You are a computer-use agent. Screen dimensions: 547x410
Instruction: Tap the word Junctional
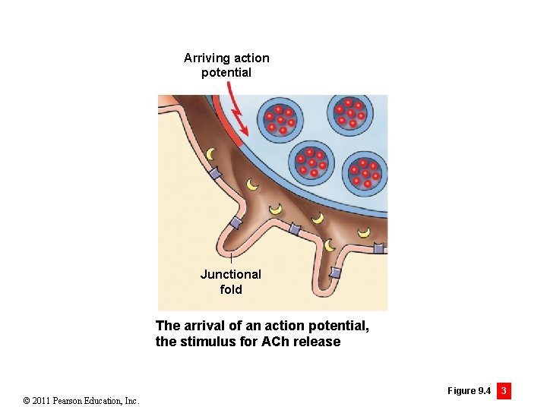(x=230, y=274)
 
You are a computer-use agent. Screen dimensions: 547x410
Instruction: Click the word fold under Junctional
(x=230, y=289)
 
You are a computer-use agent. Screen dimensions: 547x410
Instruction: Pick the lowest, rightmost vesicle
(x=364, y=173)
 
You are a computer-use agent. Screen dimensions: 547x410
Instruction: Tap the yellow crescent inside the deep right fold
(x=329, y=244)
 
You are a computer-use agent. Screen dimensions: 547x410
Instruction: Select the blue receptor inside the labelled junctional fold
(x=236, y=222)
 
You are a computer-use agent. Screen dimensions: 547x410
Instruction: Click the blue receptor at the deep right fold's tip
(x=335, y=273)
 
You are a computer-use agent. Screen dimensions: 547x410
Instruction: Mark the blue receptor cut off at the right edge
(x=378, y=248)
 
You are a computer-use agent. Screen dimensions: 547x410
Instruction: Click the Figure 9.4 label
(x=469, y=391)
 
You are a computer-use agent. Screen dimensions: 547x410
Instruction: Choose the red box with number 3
(x=503, y=391)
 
